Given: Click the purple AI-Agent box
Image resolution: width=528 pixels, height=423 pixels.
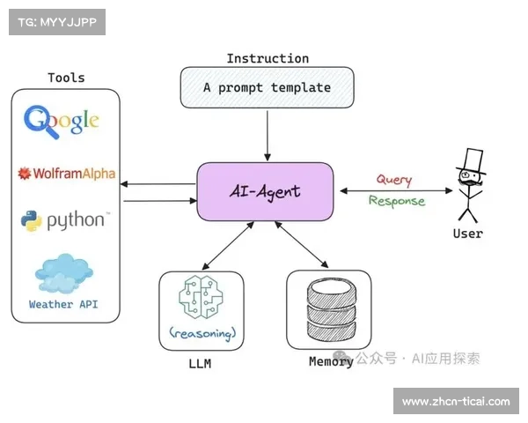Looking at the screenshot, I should pos(265,191).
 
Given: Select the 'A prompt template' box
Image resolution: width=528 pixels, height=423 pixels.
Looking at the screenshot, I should pos(267,88).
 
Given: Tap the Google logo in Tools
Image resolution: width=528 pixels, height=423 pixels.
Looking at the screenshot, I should pos(62,122).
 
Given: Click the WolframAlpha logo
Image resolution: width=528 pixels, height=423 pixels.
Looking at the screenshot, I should pos(67,174).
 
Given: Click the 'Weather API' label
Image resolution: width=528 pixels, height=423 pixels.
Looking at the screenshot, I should pos(63,305).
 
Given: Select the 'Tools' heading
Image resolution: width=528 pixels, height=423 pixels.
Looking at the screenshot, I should pos(66,78).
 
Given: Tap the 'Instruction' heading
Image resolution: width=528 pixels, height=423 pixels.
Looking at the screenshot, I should pos(268,58).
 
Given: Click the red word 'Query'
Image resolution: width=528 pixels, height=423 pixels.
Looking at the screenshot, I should pos(393,180).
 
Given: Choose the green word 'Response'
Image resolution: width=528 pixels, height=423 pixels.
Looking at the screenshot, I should pos(396,201).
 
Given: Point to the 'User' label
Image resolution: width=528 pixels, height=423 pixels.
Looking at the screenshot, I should pos(467,234).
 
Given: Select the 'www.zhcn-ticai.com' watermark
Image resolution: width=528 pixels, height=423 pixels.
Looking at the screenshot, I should pos(455,402).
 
